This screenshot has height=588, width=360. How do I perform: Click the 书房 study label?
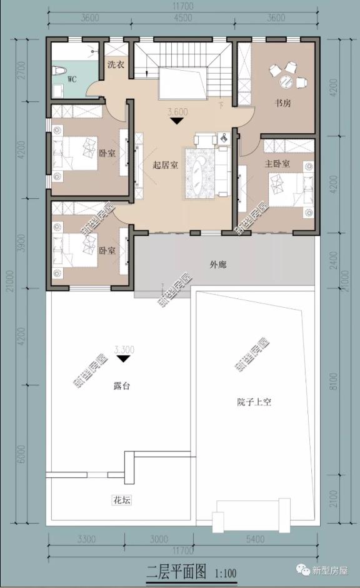(x=283, y=103)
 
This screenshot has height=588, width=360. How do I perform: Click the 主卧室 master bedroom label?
(x=277, y=164)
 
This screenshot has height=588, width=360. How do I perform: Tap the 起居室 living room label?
(x=165, y=166)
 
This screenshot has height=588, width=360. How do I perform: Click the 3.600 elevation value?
(x=177, y=113)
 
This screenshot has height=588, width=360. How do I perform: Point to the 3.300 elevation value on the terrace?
(x=124, y=350)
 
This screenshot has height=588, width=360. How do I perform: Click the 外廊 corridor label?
(x=218, y=265)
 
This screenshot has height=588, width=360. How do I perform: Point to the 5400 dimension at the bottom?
(x=256, y=539)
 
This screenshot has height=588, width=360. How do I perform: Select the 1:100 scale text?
(x=226, y=572)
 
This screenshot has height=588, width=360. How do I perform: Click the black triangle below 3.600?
(x=177, y=121)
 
